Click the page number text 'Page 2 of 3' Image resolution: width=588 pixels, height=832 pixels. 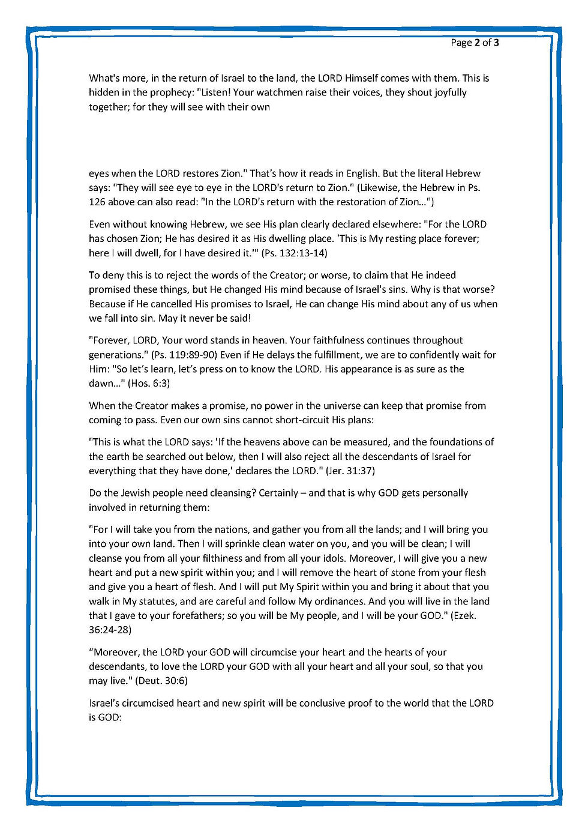[475, 43]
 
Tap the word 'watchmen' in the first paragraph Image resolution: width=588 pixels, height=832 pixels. [276, 92]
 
